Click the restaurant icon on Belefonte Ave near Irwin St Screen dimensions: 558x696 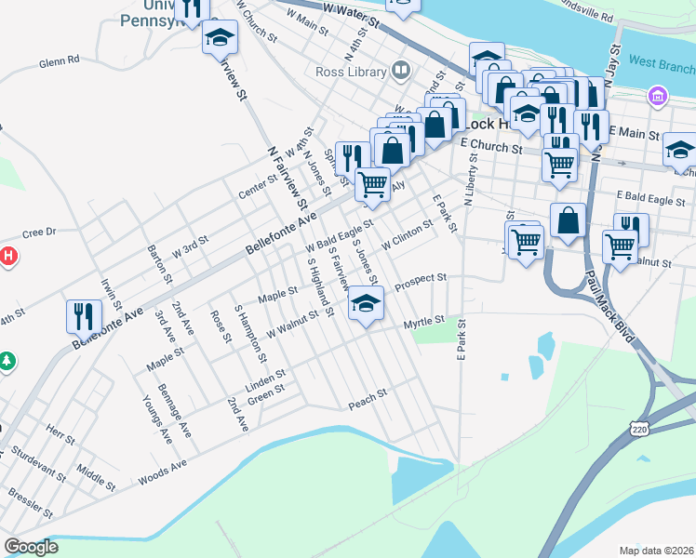[84, 316]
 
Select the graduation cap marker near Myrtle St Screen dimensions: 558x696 [366, 304]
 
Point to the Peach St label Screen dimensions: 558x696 [368, 401]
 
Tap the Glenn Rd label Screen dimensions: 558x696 [59, 61]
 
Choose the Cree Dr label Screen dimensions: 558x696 [39, 232]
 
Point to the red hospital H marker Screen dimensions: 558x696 [7, 255]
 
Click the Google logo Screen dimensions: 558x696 [31, 547]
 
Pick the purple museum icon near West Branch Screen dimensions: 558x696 [658, 96]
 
